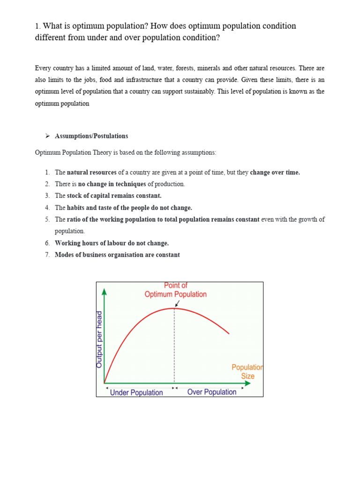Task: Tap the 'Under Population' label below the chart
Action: click(136, 392)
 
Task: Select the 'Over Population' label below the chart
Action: click(212, 392)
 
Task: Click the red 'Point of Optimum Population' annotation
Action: click(175, 290)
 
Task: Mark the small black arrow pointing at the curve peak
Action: click(177, 304)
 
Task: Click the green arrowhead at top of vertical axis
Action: click(104, 292)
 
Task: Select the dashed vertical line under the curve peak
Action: click(174, 347)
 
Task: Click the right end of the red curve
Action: click(229, 333)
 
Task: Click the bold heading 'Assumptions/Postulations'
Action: click(91, 136)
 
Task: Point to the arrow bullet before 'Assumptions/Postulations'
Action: click(47, 136)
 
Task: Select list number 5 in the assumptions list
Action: click(47, 219)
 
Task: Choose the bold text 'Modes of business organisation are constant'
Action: click(117, 255)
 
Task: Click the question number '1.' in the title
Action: click(38, 26)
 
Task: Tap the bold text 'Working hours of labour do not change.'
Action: click(112, 243)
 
